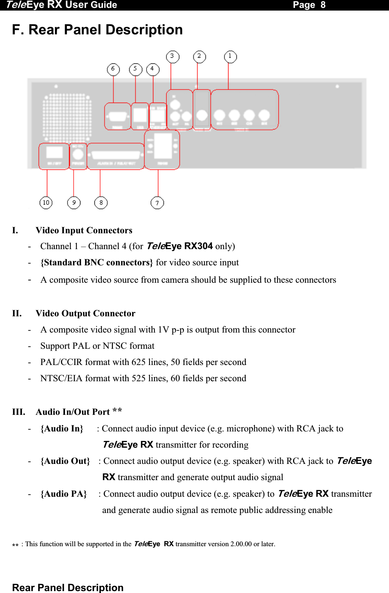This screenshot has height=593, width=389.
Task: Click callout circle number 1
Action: point(230,57)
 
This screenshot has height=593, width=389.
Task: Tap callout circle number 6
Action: point(113,69)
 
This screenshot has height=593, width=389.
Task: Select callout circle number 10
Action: point(46,203)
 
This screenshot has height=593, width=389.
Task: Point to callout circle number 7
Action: point(157,203)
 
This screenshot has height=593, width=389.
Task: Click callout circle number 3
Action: point(173,57)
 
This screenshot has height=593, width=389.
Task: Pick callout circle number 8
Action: point(101,203)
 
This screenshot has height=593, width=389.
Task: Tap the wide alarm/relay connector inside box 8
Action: point(116,155)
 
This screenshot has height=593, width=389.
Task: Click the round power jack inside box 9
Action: point(78,154)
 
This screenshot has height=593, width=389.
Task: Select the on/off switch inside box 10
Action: point(54,152)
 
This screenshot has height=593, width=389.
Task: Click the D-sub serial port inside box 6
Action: point(118,116)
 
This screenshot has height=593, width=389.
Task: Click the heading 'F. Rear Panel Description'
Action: point(97,30)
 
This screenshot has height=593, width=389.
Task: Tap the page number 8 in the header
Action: point(323,5)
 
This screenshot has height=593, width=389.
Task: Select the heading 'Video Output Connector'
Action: point(85,314)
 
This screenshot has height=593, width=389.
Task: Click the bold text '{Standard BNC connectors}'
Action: point(97,263)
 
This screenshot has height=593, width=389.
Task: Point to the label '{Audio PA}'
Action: point(63,494)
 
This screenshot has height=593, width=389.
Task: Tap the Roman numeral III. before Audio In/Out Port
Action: point(19,412)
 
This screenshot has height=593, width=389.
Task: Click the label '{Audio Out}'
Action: point(65,461)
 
